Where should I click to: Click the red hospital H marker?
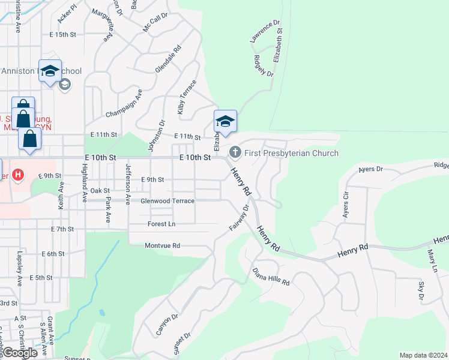19,175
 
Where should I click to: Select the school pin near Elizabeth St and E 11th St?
225,122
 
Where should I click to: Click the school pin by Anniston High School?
50,71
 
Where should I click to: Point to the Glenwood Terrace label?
167,201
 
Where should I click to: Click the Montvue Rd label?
162,246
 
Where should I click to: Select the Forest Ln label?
161,224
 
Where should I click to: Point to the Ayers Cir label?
345,204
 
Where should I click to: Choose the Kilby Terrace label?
187,97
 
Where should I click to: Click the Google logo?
20,353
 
